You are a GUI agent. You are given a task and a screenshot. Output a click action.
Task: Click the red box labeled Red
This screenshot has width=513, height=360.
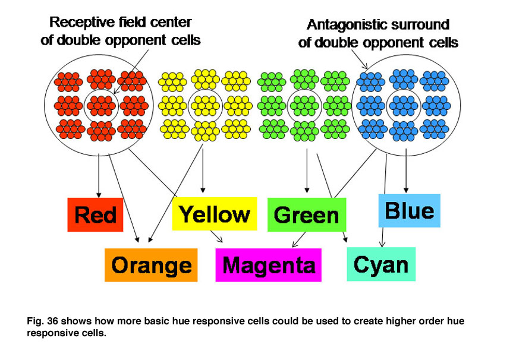(x=95, y=214)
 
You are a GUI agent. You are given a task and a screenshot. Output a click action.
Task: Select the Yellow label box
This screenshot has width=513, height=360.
(x=215, y=214)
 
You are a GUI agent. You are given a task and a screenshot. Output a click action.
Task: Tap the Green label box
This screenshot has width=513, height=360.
(x=307, y=214)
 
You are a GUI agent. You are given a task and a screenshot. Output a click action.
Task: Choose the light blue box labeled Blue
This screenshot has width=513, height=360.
(x=410, y=210)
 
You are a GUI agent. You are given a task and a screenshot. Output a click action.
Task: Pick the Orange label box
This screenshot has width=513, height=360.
(x=151, y=265)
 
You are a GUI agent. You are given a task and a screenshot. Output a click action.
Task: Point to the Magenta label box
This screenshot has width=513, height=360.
(x=268, y=265)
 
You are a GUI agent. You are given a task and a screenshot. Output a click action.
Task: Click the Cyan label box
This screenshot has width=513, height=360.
(x=381, y=264)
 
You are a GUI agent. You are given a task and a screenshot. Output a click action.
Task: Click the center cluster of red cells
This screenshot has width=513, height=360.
(x=101, y=106)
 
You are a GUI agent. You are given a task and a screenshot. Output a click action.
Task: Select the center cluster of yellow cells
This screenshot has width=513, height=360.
(x=205, y=106)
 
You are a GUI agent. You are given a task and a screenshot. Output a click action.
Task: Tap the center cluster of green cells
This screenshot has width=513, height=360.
(x=304, y=106)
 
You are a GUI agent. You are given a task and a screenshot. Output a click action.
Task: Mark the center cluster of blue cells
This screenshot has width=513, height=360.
(x=404, y=106)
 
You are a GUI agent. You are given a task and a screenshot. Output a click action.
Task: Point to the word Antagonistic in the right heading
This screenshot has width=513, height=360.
(x=345, y=25)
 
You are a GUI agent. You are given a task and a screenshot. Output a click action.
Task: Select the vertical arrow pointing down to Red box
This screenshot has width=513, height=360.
(x=99, y=176)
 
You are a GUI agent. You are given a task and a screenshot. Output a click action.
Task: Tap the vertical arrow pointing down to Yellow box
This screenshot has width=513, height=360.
(x=203, y=170)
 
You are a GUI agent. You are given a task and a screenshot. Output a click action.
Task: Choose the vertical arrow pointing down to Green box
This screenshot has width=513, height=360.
(x=307, y=170)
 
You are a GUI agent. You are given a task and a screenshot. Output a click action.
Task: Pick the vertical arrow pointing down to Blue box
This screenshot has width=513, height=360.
(x=406, y=170)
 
